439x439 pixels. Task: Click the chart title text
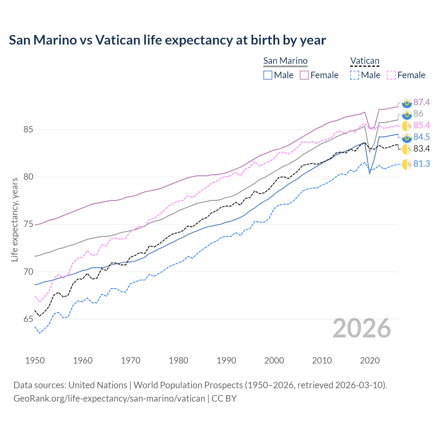167,40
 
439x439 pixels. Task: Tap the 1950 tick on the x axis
35,360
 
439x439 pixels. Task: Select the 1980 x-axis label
178,360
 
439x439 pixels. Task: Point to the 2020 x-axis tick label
370,360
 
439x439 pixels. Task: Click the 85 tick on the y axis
28,130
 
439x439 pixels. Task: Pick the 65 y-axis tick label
28,319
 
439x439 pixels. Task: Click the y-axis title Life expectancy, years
15,219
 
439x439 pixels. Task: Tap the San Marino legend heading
285,61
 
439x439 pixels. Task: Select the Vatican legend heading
365,61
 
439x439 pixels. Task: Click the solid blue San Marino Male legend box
268,75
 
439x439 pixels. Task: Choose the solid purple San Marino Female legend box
304,75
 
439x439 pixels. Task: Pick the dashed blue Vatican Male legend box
355,75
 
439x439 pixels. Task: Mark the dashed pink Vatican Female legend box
391,75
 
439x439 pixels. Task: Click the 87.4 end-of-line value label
422,102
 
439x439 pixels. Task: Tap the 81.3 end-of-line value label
422,164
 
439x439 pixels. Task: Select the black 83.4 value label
422,149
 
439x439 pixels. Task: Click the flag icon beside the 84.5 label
407,137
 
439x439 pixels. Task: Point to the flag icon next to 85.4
407,126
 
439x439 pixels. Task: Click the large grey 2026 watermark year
362,328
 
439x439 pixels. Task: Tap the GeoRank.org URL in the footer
109,399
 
